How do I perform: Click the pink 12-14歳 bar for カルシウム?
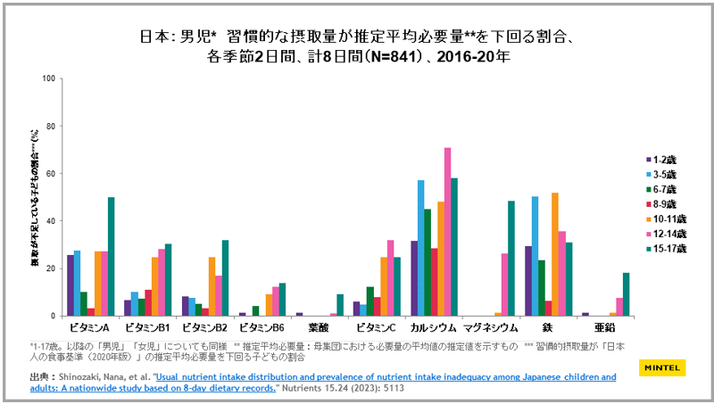click(x=447, y=232)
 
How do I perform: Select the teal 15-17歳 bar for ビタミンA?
click(x=112, y=257)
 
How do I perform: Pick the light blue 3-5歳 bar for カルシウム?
click(x=420, y=248)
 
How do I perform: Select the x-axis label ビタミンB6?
click(x=257, y=328)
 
